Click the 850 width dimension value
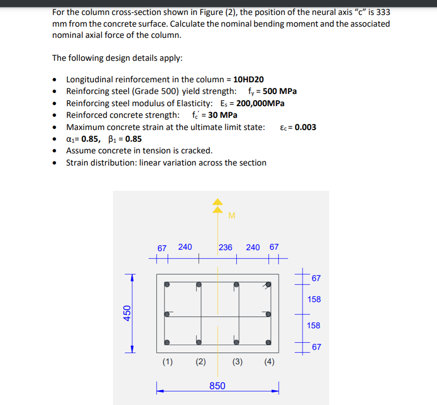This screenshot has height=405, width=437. click(x=217, y=386)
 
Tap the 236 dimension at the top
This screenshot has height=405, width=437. click(x=226, y=247)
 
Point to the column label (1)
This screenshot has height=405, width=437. click(x=167, y=362)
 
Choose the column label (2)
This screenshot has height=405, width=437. click(x=200, y=362)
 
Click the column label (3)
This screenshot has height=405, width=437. click(x=237, y=362)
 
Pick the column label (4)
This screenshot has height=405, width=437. click(x=269, y=362)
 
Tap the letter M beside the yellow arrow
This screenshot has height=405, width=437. click(x=232, y=216)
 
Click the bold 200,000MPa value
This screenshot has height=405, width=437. click(x=261, y=103)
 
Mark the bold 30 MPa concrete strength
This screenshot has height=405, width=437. click(x=222, y=115)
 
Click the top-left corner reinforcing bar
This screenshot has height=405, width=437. click(x=167, y=284)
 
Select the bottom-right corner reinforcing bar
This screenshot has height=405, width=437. click(x=268, y=342)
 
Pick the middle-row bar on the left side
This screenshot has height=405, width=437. click(x=167, y=313)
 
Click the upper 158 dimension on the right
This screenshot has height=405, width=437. click(x=314, y=299)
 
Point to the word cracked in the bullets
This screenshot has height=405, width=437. click(x=198, y=151)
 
